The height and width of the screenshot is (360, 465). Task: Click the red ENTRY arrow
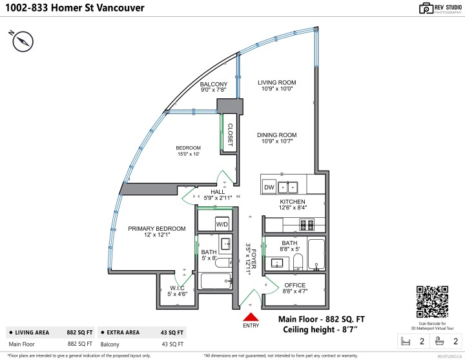249,317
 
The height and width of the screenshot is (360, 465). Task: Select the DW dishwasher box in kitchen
269,187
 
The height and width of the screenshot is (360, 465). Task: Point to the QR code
433,301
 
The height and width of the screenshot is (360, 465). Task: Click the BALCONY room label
213,85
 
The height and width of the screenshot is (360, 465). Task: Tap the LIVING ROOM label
276,82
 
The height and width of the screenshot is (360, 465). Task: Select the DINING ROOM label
276,135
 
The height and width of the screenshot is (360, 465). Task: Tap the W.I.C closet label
178,288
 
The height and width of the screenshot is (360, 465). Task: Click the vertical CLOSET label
229,133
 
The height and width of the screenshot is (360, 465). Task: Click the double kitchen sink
288,187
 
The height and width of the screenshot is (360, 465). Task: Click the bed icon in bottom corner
406,341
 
